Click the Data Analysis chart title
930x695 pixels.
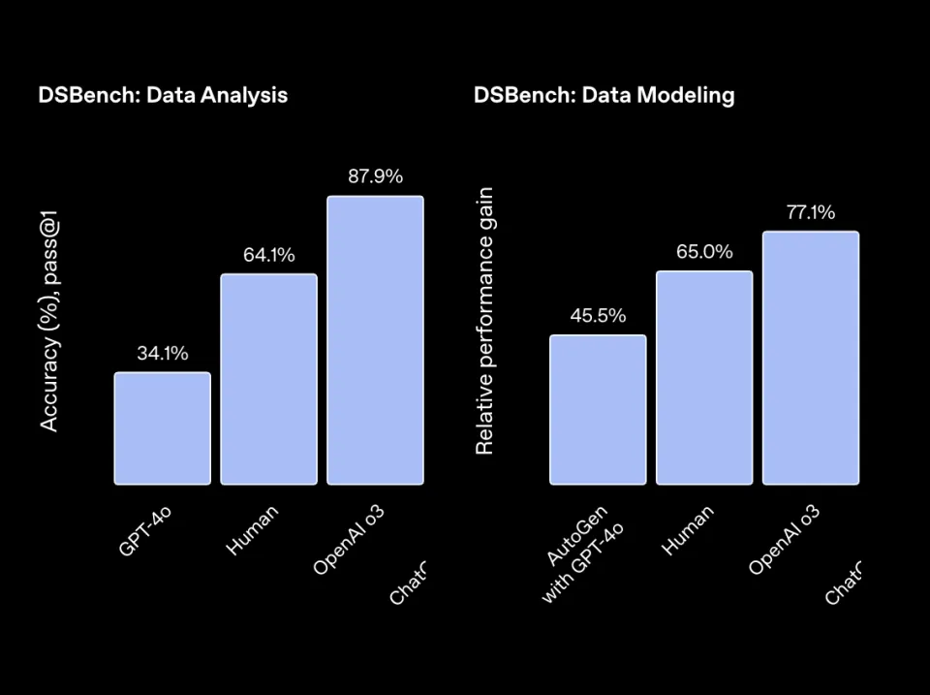(163, 95)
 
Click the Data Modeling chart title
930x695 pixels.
(604, 95)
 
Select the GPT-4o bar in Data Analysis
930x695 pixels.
(162, 427)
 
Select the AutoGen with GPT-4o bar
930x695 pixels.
(598, 409)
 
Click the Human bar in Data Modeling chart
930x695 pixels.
(704, 377)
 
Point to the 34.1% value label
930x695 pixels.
(162, 354)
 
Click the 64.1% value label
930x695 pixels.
(268, 255)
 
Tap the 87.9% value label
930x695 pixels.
(375, 176)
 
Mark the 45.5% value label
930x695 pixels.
(598, 316)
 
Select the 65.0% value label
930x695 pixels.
(704, 252)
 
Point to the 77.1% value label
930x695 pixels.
(811, 212)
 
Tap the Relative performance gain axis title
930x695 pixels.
(485, 321)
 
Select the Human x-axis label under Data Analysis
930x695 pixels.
(252, 530)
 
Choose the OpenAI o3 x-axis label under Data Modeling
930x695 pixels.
(784, 540)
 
